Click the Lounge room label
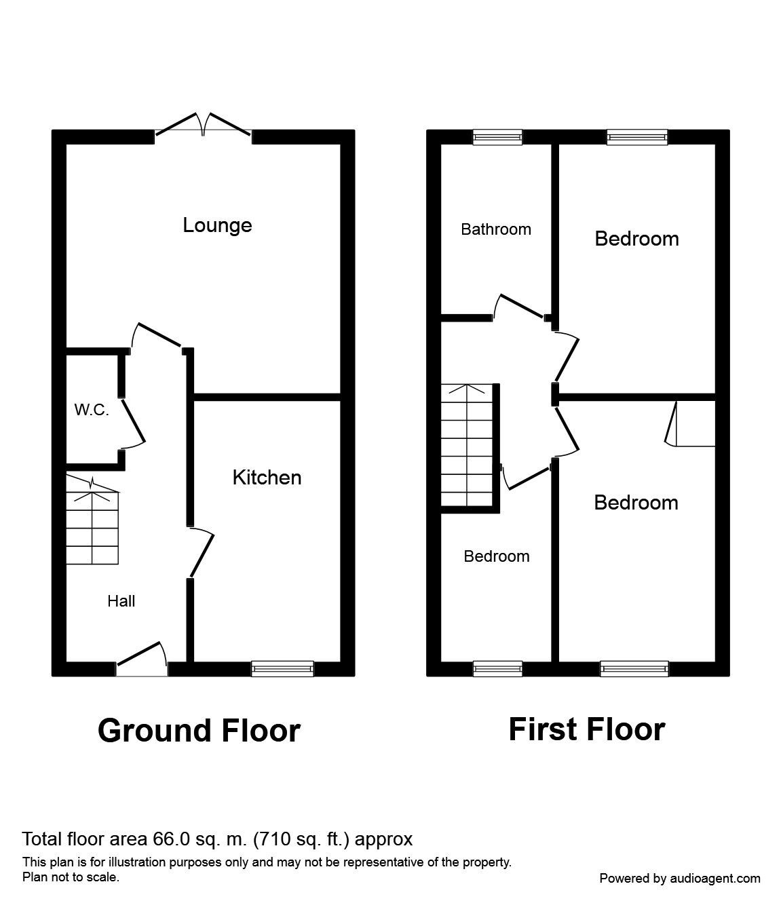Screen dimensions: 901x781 [217, 225]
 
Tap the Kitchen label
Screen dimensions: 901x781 [267, 478]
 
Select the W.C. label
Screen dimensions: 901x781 [92, 410]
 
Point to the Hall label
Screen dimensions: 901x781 [121, 601]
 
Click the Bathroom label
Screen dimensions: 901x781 [496, 229]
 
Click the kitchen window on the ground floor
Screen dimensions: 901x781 [282, 669]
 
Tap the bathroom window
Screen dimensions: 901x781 [498, 137]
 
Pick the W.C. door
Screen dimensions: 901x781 [134, 421]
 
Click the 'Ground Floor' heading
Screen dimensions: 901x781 [199, 731]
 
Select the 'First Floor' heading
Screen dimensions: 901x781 [586, 729]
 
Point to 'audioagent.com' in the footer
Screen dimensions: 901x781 [715, 878]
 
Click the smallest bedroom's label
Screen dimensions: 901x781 [497, 556]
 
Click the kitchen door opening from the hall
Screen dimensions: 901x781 [202, 553]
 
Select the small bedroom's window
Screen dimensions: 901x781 [498, 669]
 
